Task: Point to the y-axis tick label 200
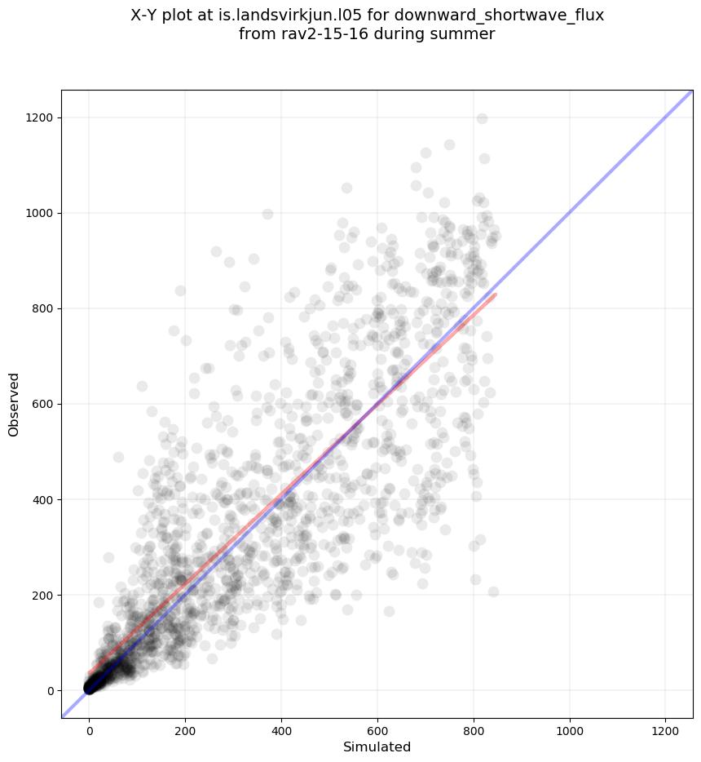(x=42, y=595)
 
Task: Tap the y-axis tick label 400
(x=42, y=499)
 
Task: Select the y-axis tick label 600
(x=42, y=404)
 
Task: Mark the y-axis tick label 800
(x=42, y=308)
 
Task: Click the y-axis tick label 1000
(x=40, y=213)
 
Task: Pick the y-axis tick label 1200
(x=40, y=117)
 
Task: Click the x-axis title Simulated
(x=377, y=747)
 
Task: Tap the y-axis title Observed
(x=14, y=404)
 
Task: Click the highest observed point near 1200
(x=482, y=118)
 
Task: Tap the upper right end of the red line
(x=495, y=295)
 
